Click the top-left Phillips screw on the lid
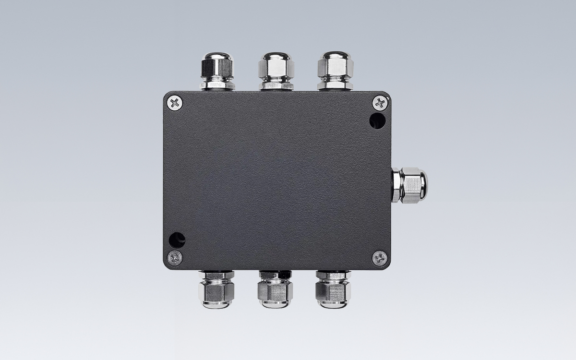pyautogui.click(x=175, y=103)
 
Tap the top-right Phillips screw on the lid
pyautogui.click(x=380, y=102)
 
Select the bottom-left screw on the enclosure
pyautogui.click(x=175, y=257)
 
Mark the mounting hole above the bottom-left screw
pyautogui.click(x=177, y=239)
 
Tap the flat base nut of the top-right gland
pyautogui.click(x=335, y=86)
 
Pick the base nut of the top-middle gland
pyautogui.click(x=276, y=86)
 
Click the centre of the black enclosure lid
pyautogui.click(x=277, y=180)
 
